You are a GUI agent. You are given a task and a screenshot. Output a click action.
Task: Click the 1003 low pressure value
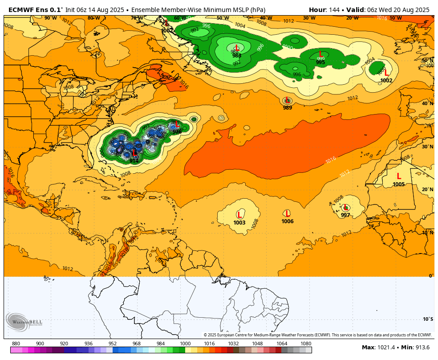[x=239, y=222]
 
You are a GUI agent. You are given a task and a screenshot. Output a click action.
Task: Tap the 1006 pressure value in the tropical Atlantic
[x=288, y=221]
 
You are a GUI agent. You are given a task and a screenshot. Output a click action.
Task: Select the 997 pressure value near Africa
[x=345, y=215]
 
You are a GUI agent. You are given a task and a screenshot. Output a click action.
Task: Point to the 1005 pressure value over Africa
[x=399, y=184]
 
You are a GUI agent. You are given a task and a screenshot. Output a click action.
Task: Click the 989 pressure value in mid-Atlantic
[x=288, y=108]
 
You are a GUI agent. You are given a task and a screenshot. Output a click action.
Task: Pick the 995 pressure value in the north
[x=320, y=62]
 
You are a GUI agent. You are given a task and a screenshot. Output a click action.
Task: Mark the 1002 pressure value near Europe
[x=386, y=81]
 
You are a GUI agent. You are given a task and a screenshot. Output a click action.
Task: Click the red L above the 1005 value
[x=399, y=176]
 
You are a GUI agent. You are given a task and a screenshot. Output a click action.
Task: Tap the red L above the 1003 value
[x=239, y=215]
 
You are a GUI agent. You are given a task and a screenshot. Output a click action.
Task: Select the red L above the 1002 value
[x=386, y=73]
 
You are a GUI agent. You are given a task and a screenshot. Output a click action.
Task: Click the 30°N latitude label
[x=427, y=147]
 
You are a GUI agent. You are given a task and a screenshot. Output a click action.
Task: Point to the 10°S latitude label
[x=428, y=319]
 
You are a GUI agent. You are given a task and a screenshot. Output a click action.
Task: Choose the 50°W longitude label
[x=223, y=18]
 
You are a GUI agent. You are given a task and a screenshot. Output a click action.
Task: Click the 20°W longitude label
[x=352, y=18]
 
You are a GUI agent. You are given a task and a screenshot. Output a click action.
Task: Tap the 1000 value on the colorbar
[x=185, y=344]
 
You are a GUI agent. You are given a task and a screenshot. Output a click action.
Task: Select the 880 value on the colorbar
[x=16, y=344]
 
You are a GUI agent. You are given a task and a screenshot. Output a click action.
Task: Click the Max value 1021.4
[x=386, y=348]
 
